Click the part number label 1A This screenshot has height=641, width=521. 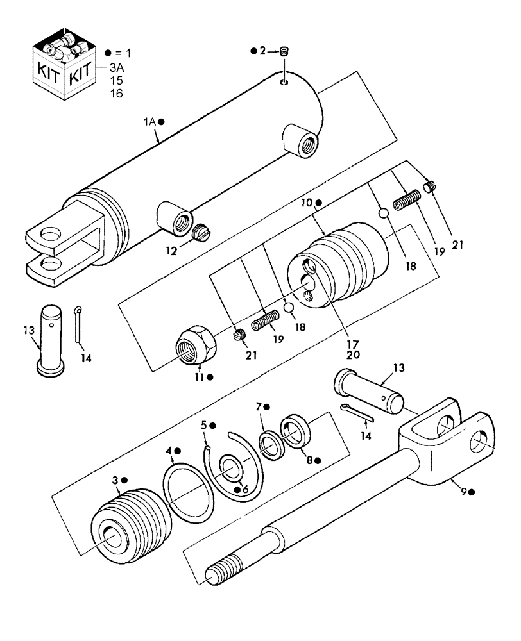point(149,121)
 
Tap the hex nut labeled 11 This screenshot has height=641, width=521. point(195,347)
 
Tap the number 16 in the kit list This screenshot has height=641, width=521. point(115,93)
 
